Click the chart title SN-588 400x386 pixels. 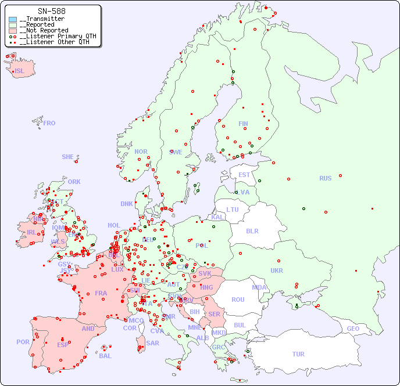[x=51, y=11]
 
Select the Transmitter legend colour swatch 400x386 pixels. [x=12, y=19]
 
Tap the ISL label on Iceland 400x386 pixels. [x=20, y=71]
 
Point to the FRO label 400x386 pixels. [x=49, y=123]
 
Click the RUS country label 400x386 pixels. [x=325, y=178]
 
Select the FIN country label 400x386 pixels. [x=243, y=124]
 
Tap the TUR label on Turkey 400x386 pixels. [x=298, y=354]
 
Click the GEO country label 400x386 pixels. [x=353, y=329]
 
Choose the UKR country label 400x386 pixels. [x=277, y=270]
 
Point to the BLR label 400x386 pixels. [x=252, y=230]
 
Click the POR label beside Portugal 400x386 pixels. [x=23, y=342]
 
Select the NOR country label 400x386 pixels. [x=141, y=151]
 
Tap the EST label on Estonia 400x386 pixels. [x=244, y=175]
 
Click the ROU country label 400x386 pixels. [x=238, y=300]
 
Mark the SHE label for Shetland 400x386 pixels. [x=67, y=157]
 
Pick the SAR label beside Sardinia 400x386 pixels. [x=153, y=343]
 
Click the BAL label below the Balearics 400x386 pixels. [x=105, y=356]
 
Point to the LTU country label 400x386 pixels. [x=233, y=210]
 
